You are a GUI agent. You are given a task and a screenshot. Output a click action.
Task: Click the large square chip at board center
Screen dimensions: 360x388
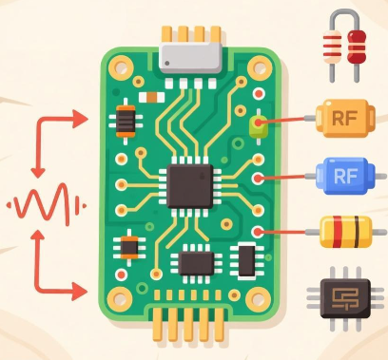[190, 184]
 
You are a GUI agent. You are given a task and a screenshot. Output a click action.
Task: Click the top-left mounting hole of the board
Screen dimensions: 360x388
[120, 66]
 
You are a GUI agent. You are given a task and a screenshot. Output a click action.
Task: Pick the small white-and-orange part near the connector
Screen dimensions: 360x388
[147, 96]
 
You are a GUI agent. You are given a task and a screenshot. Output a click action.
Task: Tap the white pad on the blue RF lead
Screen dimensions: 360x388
[259, 177]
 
